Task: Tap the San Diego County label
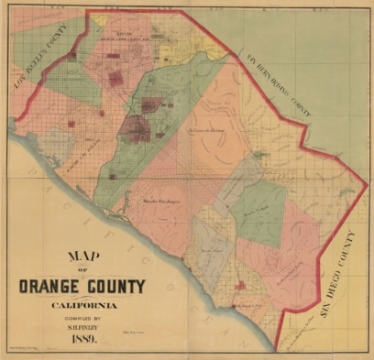pos(338,275)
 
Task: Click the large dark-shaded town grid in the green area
pos(137,127)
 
